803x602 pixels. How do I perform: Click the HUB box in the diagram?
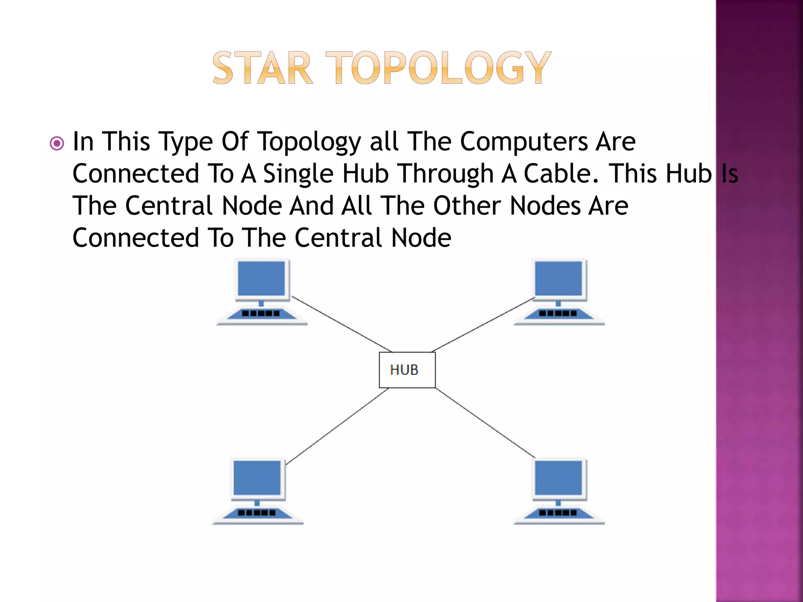pyautogui.click(x=407, y=370)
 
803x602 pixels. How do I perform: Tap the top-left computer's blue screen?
pyautogui.click(x=261, y=278)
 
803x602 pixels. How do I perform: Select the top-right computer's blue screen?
pyautogui.click(x=558, y=278)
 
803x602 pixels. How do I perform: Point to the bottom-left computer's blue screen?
pyautogui.click(x=257, y=477)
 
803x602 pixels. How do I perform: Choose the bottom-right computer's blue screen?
pyautogui.click(x=558, y=477)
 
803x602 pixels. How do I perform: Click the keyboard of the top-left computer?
pyautogui.click(x=261, y=314)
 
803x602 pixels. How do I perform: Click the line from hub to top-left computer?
pyautogui.click(x=341, y=324)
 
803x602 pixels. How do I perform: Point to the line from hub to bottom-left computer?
pyautogui.click(x=337, y=426)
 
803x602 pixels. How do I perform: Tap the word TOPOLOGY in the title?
pyautogui.click(x=438, y=68)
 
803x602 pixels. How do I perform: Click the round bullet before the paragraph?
pyautogui.click(x=57, y=143)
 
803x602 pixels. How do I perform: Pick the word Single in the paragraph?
pyautogui.click(x=298, y=174)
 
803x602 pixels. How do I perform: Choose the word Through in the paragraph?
pyautogui.click(x=445, y=174)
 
